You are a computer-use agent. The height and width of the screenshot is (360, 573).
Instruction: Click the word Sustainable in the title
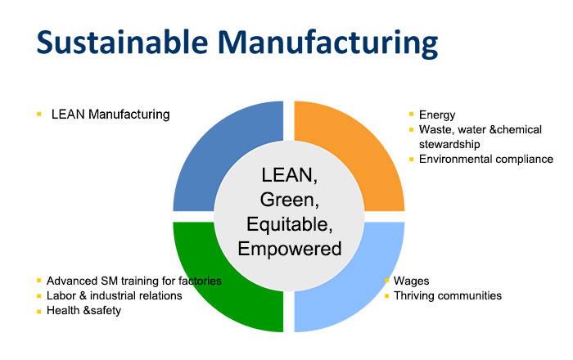(122, 43)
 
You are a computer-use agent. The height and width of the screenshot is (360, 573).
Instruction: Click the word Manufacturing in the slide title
(327, 44)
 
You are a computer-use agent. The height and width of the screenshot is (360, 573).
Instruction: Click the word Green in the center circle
(290, 200)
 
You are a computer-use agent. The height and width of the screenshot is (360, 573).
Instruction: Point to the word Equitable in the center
(290, 224)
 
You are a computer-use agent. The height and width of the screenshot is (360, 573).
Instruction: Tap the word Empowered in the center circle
(290, 249)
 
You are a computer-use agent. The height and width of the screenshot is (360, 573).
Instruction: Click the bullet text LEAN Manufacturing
(111, 115)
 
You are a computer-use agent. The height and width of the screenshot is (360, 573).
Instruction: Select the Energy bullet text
(437, 115)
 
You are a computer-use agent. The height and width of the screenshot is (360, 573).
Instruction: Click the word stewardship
(449, 144)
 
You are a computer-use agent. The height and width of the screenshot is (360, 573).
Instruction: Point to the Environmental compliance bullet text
(486, 160)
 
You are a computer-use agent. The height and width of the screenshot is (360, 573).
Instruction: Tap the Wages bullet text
(411, 281)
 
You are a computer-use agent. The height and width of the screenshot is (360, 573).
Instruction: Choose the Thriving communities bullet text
(448, 295)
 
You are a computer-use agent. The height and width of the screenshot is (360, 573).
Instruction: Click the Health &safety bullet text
(83, 310)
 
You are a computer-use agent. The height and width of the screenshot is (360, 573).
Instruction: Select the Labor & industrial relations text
(114, 295)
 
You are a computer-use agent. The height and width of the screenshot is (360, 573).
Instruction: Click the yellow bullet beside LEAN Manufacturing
(39, 115)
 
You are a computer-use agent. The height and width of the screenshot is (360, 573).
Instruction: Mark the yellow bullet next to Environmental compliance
(411, 160)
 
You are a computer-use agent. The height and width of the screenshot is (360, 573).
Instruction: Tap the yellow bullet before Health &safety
(39, 312)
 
